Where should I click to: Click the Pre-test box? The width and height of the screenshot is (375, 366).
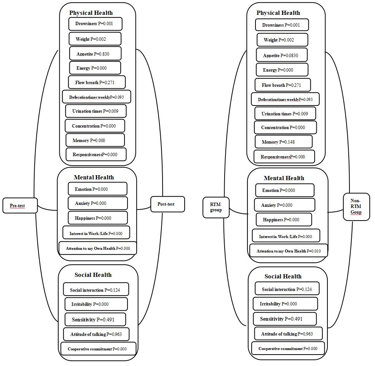tap(20, 206)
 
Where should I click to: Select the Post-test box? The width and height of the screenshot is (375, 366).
tap(168, 204)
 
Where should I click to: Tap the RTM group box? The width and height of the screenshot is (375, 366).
tap(216, 207)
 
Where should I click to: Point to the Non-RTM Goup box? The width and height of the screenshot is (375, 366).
tap(356, 206)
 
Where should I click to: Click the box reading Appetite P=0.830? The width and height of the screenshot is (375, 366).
tap(95, 54)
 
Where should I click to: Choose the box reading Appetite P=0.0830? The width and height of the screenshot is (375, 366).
tap(282, 55)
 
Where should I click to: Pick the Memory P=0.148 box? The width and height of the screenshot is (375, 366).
tap(283, 142)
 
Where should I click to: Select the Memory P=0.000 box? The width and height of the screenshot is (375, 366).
tap(95, 140)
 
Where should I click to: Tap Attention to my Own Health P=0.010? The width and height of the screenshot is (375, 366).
tap(288, 251)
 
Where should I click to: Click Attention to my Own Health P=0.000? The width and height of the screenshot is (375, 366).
tap(97, 248)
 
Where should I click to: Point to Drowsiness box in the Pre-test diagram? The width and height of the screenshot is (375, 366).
tap(95, 24)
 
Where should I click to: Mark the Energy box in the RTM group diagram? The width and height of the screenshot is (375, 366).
tap(282, 70)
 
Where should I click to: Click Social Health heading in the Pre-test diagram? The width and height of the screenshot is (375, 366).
tap(93, 275)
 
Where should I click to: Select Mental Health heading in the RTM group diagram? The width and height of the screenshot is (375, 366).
tap(284, 178)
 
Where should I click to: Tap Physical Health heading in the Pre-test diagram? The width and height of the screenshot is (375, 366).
tap(91, 13)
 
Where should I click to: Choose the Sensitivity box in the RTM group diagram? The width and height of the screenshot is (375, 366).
tap(285, 319)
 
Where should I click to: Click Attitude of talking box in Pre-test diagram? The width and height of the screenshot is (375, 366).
tap(96, 334)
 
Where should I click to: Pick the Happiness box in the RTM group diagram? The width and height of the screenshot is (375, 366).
tap(284, 219)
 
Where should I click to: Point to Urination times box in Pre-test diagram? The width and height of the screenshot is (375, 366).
tap(95, 111)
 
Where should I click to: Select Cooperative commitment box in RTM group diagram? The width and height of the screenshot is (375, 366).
tap(288, 348)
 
